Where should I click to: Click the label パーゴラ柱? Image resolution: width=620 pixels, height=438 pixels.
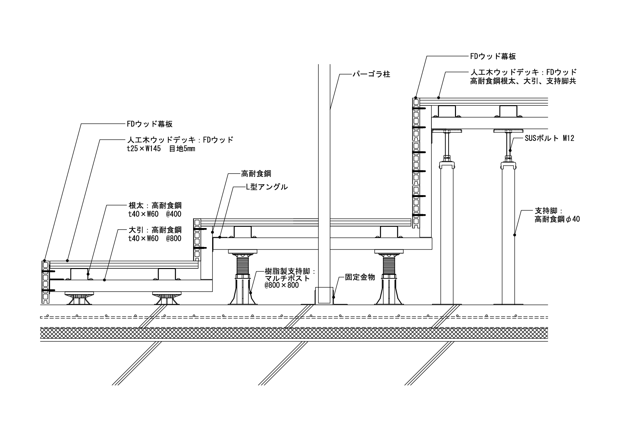pos(371,75)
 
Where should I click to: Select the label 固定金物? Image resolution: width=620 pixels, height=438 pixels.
pos(360,277)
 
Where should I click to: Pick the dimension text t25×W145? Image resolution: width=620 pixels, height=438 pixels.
pos(146,149)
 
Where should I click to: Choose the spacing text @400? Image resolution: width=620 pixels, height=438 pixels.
pos(173,214)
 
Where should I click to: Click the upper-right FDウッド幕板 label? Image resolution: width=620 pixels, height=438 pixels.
pos(493,56)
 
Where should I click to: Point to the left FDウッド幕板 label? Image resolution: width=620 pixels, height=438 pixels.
pos(150,124)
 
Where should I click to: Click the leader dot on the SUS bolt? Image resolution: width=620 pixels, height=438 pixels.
pos(510,150)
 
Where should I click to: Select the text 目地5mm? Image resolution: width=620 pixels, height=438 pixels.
pos(182,149)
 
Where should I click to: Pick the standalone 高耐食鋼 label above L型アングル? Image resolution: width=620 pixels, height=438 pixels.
pos(256,174)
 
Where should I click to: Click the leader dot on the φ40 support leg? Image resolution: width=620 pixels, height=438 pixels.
pos(514,235)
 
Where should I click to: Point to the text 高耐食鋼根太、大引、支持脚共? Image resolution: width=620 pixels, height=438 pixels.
pos(523,81)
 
